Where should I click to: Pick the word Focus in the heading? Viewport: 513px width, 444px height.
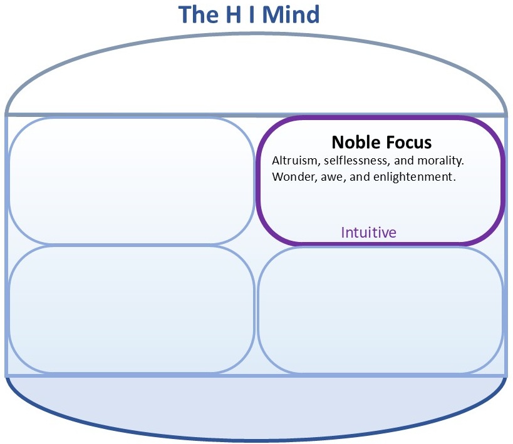click(407, 142)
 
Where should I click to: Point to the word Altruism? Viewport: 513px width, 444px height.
click(294, 161)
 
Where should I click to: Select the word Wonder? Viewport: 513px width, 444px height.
click(291, 177)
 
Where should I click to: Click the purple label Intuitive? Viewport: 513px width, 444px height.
click(368, 233)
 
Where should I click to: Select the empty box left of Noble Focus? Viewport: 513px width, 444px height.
click(131, 181)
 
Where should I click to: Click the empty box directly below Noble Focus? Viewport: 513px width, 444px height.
click(380, 310)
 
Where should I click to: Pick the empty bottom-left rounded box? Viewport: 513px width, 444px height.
click(131, 310)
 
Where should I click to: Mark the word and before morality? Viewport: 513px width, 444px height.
click(405, 161)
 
